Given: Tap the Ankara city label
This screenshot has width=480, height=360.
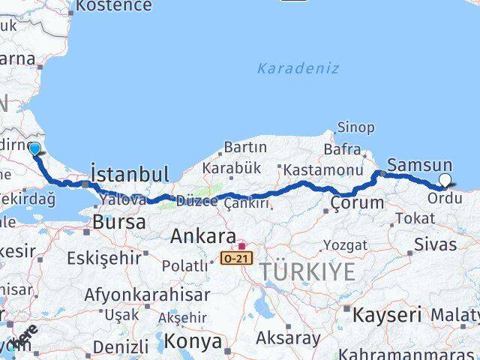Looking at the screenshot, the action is click(x=203, y=237).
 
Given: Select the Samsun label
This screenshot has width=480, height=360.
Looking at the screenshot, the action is click(x=419, y=165).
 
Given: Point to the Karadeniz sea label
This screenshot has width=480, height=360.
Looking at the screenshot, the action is click(x=298, y=68).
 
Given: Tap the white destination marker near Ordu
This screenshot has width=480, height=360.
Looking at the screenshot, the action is click(x=445, y=180).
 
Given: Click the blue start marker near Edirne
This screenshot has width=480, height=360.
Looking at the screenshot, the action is click(x=34, y=148).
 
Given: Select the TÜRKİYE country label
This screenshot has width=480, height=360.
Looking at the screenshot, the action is click(x=307, y=272).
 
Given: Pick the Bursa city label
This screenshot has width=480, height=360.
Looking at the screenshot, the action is click(x=118, y=223).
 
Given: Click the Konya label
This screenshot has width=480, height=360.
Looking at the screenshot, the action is click(x=193, y=342).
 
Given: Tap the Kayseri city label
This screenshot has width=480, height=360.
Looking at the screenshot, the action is click(x=388, y=313).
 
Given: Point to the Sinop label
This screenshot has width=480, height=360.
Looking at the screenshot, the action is click(x=355, y=127).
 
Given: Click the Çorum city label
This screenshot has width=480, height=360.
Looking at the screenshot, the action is click(x=357, y=202).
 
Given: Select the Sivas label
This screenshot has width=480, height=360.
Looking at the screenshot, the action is click(x=436, y=244).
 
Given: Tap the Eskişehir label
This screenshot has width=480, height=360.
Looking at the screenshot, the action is click(x=104, y=258).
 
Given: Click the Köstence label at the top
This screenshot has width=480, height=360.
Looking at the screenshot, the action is click(x=113, y=6).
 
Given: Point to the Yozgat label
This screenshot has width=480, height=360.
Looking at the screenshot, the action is click(x=346, y=245).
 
